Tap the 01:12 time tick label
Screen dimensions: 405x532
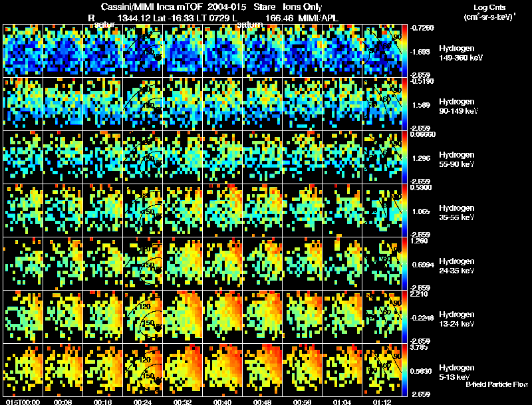click(381, 402)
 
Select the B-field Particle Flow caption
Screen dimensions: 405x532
click(497, 384)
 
